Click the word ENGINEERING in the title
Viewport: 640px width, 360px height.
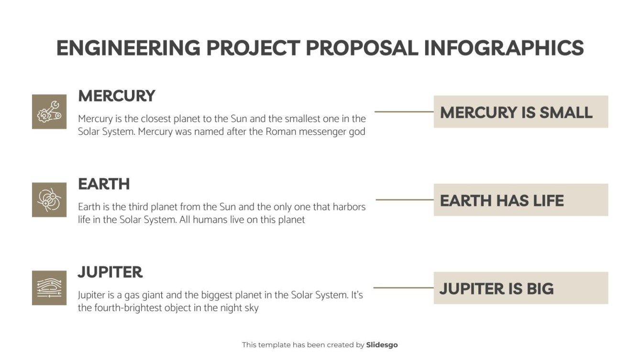pyautogui.click(x=128, y=48)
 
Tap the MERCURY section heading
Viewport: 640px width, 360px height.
pyautogui.click(x=117, y=96)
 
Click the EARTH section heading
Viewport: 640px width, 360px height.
pyautogui.click(x=104, y=184)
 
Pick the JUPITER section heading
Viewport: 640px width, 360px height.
pyautogui.click(x=110, y=273)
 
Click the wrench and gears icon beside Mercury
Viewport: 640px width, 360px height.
pyautogui.click(x=49, y=112)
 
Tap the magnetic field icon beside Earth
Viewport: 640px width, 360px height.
pyautogui.click(x=49, y=200)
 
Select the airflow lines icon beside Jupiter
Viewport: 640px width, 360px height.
pyautogui.click(x=49, y=288)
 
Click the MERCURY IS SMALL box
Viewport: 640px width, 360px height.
pyautogui.click(x=520, y=112)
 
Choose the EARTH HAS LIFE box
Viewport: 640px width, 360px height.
pyautogui.click(x=520, y=200)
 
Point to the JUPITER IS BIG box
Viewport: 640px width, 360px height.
pyautogui.click(x=520, y=288)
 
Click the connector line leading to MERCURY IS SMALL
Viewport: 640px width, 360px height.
pyautogui.click(x=404, y=112)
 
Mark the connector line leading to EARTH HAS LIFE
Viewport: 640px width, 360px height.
pyautogui.click(x=404, y=200)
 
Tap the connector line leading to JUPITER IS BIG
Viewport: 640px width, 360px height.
pyautogui.click(x=403, y=288)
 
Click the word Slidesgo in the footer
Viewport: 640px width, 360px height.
pyautogui.click(x=382, y=345)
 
